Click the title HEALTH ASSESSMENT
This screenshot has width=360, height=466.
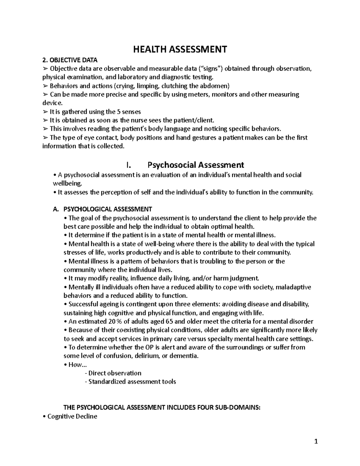pos(180,49)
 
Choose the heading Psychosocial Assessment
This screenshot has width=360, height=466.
pos(196,165)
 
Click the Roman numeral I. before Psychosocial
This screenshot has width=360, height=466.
pos(129,165)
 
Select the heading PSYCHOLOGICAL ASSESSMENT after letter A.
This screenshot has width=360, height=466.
pos(108,209)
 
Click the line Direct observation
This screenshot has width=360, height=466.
pos(113,373)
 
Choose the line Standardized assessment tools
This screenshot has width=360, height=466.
pos(131,382)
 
